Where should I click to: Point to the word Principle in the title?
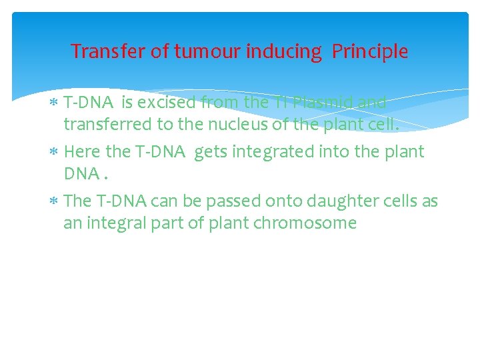[x=370, y=51]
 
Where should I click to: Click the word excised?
[x=165, y=103]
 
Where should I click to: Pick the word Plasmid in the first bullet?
[x=325, y=103]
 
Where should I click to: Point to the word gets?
[x=211, y=152]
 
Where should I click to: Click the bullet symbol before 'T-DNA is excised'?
[x=55, y=104]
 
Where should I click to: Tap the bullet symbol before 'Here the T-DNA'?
[x=55, y=153]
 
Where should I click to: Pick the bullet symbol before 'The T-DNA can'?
[x=55, y=201]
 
